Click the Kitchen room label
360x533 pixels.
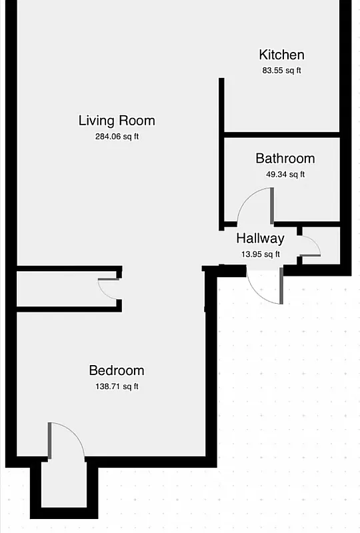tap(281, 55)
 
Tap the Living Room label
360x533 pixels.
tap(117, 121)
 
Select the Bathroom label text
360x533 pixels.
tap(285, 159)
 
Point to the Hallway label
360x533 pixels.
tap(260, 239)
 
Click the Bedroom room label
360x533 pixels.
tap(117, 370)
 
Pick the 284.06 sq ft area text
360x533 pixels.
tap(117, 137)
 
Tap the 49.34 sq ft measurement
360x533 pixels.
tap(285, 175)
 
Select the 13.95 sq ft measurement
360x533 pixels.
tap(260, 254)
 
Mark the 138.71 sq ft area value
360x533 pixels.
tap(117, 386)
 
